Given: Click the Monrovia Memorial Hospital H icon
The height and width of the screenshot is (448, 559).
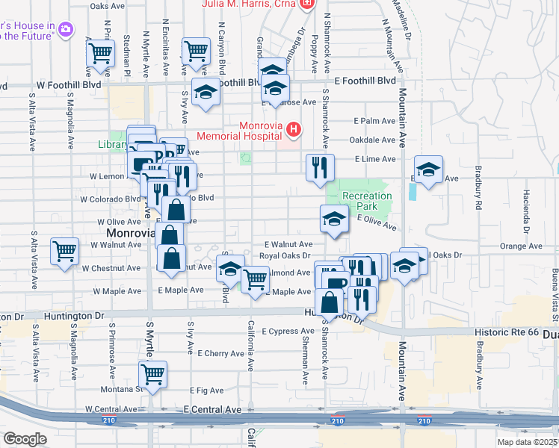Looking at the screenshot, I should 294,131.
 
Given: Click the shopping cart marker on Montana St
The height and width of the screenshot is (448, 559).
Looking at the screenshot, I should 152,373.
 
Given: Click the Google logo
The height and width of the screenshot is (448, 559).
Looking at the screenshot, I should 25,439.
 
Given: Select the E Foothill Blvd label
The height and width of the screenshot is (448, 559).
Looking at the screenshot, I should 365,81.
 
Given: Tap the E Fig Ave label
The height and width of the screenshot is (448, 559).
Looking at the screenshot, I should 207,390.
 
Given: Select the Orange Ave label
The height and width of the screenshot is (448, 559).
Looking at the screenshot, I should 521,246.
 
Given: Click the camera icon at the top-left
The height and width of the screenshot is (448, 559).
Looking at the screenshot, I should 65,29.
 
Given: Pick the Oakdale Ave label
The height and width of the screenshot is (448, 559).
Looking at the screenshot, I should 374,140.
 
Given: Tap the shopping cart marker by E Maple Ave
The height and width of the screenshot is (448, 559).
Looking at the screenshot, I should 256,279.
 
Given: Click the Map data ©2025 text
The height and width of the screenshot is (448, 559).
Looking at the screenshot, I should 525,442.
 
